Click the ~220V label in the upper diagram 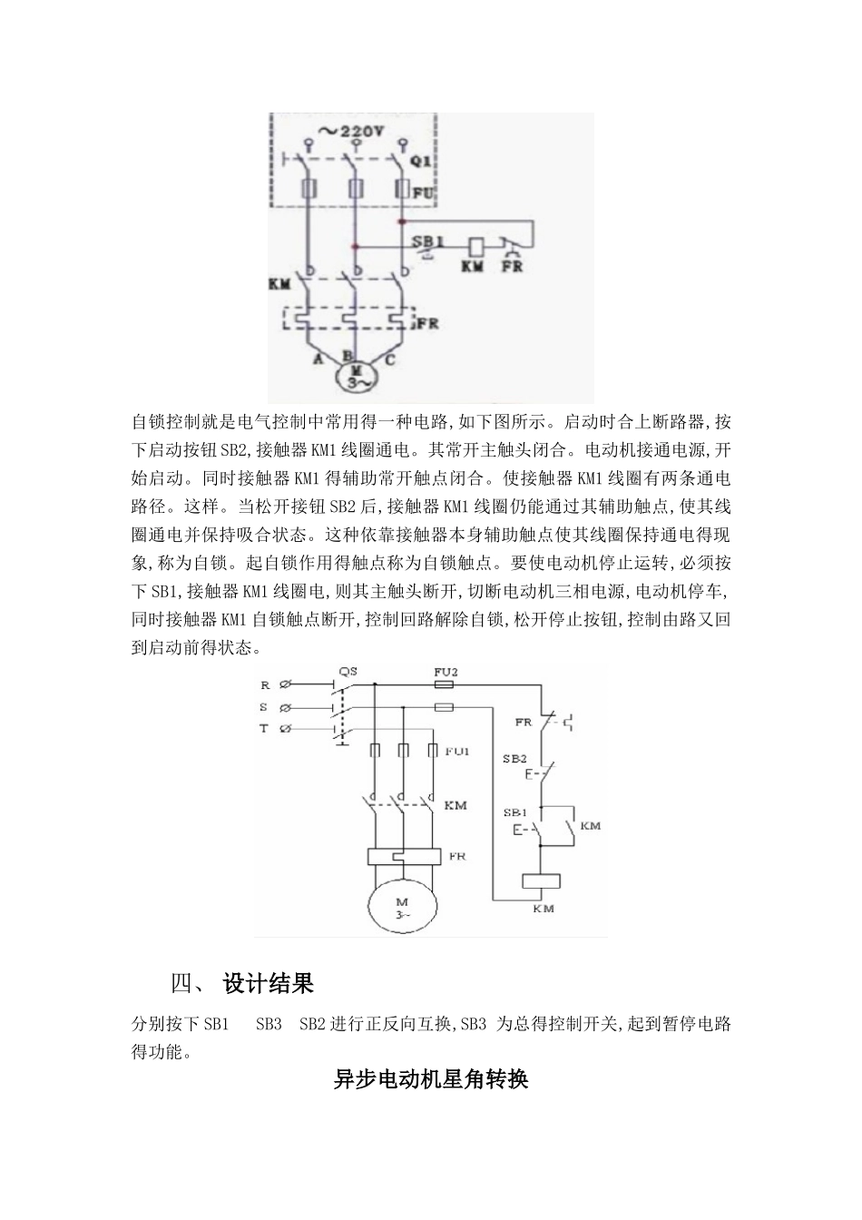[352, 130]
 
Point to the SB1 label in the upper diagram [426, 241]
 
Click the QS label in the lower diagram [348, 672]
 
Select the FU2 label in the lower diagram [445, 672]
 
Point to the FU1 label [457, 751]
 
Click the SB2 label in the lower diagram [514, 757]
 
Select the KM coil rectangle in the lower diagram [542, 881]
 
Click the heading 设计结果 [269, 984]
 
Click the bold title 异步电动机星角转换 [431, 1079]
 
